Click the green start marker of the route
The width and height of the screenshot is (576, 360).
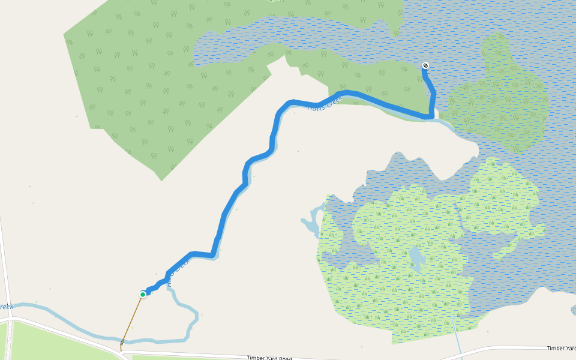click(143, 294)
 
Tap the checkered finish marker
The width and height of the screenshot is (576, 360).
click(425, 65)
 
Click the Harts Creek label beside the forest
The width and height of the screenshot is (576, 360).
click(324, 103)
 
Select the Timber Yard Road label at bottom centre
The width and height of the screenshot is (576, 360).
click(269, 358)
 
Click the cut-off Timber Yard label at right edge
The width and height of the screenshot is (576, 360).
click(560, 348)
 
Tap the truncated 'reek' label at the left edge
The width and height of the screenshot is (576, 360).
click(6, 307)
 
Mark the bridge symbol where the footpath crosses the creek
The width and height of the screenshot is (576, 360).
click(122, 342)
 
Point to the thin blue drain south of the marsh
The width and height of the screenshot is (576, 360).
click(458, 339)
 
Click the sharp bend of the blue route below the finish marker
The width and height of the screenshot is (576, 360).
click(430, 115)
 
